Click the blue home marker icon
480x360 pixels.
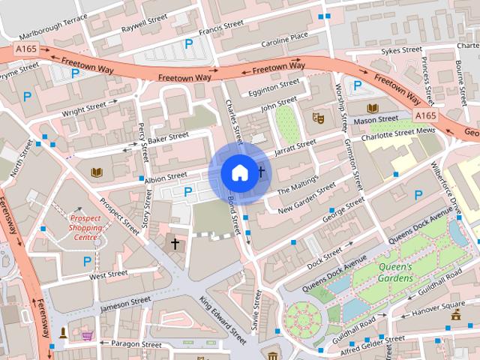coord(239,172)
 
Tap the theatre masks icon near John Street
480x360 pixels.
coord(318,118)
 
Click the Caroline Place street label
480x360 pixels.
coord(284,35)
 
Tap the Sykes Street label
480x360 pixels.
coord(401,50)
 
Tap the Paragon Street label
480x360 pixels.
coord(135,344)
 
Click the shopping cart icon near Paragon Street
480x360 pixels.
coord(88,334)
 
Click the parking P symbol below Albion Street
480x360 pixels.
coord(187,192)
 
